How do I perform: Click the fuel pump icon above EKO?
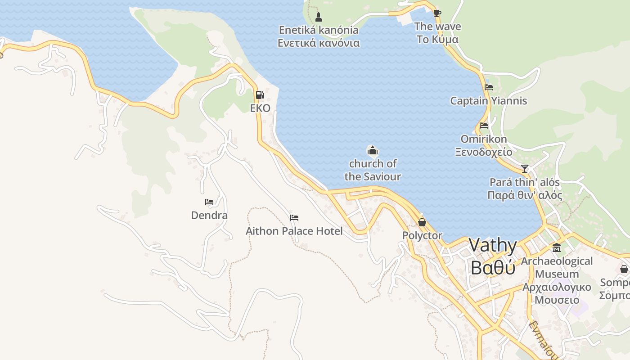point(260,95)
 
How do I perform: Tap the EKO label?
point(260,108)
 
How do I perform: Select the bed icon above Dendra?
point(209,202)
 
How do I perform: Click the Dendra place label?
point(209,215)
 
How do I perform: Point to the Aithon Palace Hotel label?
point(294,231)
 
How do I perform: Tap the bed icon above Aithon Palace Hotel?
point(294,218)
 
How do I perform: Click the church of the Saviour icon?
point(372,150)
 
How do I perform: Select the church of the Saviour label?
point(373,170)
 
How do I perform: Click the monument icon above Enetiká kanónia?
point(319,17)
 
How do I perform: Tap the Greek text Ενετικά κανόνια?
point(319,43)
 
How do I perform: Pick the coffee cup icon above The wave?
point(437,13)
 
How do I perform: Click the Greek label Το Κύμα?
point(437,40)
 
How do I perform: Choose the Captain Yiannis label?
point(488,100)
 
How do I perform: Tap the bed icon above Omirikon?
point(484,126)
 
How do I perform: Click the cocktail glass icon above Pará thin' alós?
point(525,169)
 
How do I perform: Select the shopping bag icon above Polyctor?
point(422,222)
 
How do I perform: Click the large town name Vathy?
point(493,246)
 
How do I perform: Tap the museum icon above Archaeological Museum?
point(557,248)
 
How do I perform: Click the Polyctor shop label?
point(422,235)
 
